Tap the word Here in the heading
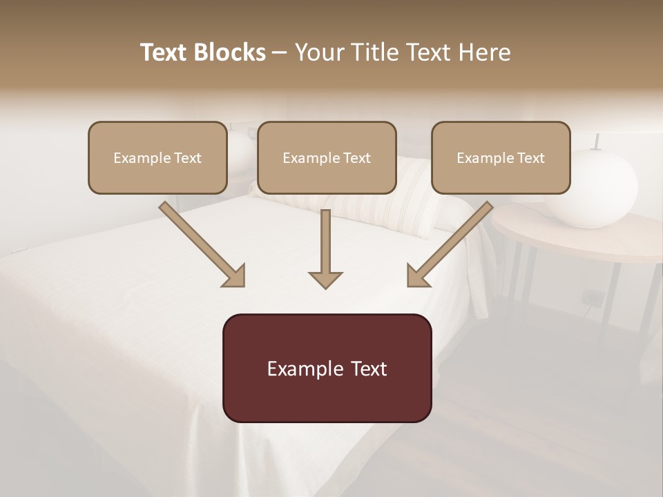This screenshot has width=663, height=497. pyautogui.click(x=483, y=52)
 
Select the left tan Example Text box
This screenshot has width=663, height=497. pyautogui.click(x=157, y=158)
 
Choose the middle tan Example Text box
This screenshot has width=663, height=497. pyautogui.click(x=327, y=158)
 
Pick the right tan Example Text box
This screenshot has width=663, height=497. pyautogui.click(x=501, y=158)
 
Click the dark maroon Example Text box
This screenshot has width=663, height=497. pyautogui.click(x=327, y=368)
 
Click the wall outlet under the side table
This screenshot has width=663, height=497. pyautogui.click(x=592, y=297)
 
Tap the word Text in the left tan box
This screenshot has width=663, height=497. pyautogui.click(x=187, y=158)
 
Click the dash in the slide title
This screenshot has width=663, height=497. pyautogui.click(x=280, y=52)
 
